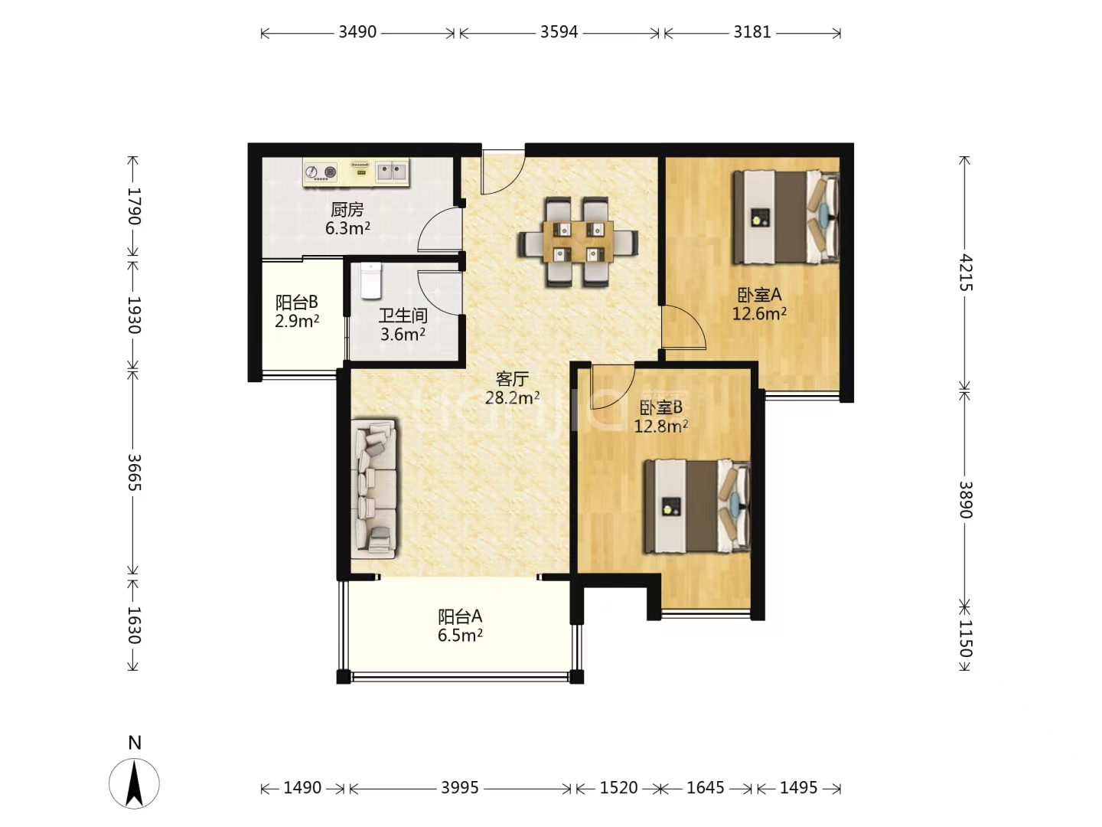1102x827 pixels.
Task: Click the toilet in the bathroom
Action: click(x=371, y=281)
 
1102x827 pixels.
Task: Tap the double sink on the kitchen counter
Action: click(x=392, y=172)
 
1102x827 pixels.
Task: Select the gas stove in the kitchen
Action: click(x=321, y=172)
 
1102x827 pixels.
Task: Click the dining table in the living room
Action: click(x=579, y=241)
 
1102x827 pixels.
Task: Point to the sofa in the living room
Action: click(x=374, y=489)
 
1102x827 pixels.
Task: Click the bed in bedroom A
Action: click(x=786, y=217)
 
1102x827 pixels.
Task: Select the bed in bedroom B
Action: click(x=697, y=506)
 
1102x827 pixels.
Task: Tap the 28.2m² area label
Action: click(x=512, y=397)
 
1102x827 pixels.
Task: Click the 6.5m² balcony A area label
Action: click(x=460, y=636)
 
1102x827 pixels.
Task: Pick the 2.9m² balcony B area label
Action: click(x=297, y=321)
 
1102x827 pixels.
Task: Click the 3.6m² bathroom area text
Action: click(x=403, y=334)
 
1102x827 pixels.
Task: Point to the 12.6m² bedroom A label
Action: click(x=759, y=314)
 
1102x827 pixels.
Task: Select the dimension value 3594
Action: click(x=559, y=32)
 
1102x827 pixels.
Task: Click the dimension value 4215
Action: click(x=966, y=273)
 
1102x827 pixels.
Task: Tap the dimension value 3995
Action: click(x=460, y=787)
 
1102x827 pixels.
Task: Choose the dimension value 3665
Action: click(x=134, y=472)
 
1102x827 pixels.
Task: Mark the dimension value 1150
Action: click(x=966, y=639)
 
